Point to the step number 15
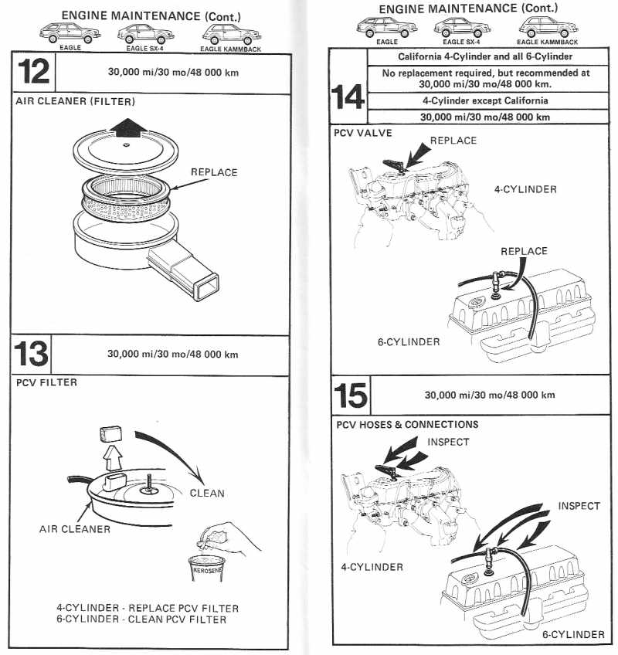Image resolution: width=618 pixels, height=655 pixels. tap(351, 395)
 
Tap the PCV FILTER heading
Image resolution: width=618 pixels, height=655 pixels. tap(44, 382)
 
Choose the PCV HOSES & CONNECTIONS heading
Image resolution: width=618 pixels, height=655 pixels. tap(407, 424)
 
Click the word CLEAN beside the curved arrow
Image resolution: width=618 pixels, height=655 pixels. tap(207, 492)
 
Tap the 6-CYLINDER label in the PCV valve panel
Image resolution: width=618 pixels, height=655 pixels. tap(409, 341)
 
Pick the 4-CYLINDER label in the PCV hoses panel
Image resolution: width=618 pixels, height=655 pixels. tap(372, 567)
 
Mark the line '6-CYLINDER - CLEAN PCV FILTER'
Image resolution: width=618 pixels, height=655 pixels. tap(141, 619)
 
